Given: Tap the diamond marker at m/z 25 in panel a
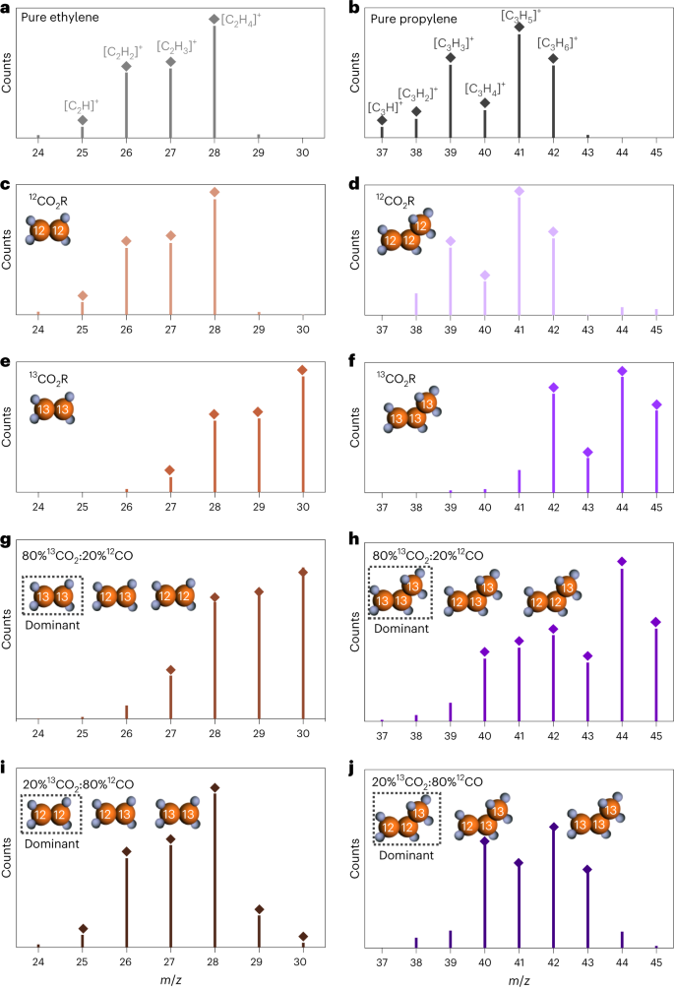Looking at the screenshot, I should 83,120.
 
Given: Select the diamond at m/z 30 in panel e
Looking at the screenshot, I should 303,370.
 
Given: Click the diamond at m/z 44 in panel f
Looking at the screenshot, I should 622,370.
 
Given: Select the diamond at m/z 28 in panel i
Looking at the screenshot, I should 214,786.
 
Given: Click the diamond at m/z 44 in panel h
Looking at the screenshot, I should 622,561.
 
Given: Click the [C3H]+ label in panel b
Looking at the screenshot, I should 384,106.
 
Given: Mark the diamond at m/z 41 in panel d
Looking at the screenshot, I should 519,191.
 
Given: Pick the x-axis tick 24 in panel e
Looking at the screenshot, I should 38,506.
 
